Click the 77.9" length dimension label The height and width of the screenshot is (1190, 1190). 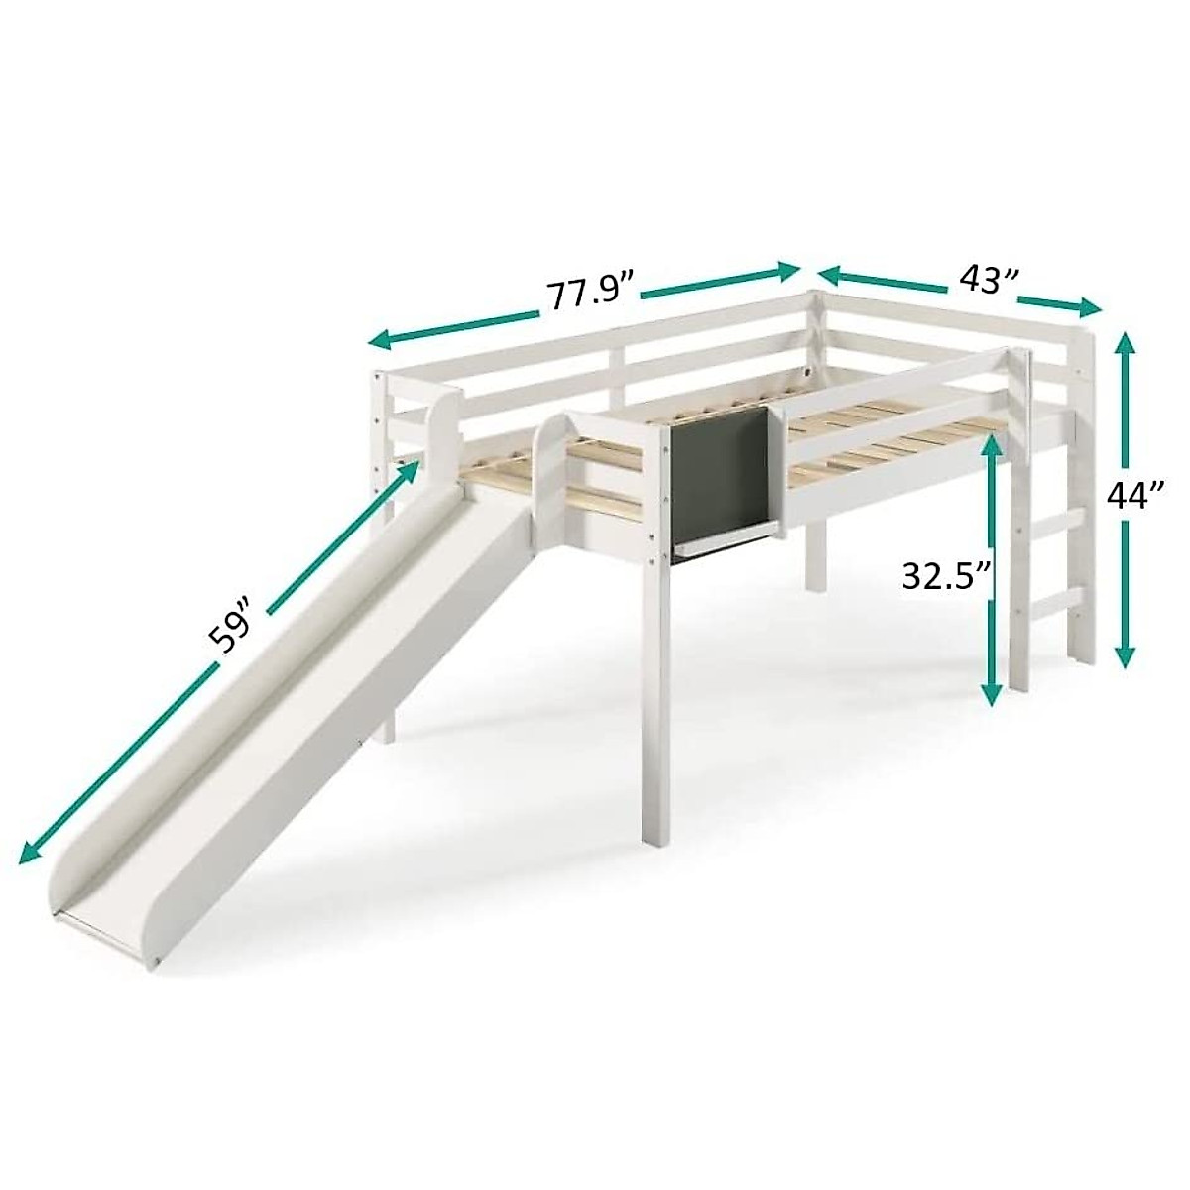tap(591, 293)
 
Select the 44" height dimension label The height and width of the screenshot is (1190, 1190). tap(1135, 498)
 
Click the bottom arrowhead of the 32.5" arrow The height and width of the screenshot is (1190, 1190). tap(990, 696)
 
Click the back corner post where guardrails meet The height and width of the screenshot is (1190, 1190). tap(814, 327)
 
